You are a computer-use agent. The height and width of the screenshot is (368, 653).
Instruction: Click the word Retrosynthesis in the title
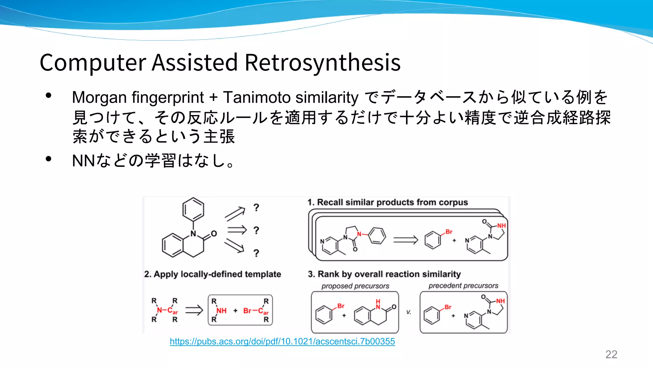322,62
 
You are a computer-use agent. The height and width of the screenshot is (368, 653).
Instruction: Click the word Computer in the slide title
93,62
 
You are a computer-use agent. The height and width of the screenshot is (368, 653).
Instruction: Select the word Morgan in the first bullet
99,97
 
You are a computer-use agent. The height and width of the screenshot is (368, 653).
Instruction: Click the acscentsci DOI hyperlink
282,341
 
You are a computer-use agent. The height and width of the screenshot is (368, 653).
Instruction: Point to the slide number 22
611,354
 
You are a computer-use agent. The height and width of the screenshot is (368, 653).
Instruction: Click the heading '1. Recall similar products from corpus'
387,203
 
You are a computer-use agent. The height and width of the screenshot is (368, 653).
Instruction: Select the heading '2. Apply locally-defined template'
212,274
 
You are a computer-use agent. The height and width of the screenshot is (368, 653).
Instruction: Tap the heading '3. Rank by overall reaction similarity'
384,274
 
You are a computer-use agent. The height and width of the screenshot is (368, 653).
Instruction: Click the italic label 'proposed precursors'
355,286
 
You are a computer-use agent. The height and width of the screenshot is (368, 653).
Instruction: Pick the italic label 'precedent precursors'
463,286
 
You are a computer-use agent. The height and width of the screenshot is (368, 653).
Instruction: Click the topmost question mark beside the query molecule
256,208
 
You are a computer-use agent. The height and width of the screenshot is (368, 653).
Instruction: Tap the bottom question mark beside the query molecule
256,253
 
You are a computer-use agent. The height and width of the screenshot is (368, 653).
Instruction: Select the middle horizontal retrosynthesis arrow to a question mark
237,230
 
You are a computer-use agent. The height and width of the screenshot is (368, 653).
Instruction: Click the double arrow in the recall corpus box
405,240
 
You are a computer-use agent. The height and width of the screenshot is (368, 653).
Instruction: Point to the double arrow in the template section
194,310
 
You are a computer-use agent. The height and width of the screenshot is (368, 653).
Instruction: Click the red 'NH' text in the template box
222,310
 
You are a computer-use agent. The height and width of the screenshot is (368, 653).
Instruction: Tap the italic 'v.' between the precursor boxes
408,312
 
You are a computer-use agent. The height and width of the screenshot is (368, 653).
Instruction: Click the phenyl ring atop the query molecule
193,210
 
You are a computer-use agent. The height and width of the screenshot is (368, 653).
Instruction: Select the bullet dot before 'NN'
48,159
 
